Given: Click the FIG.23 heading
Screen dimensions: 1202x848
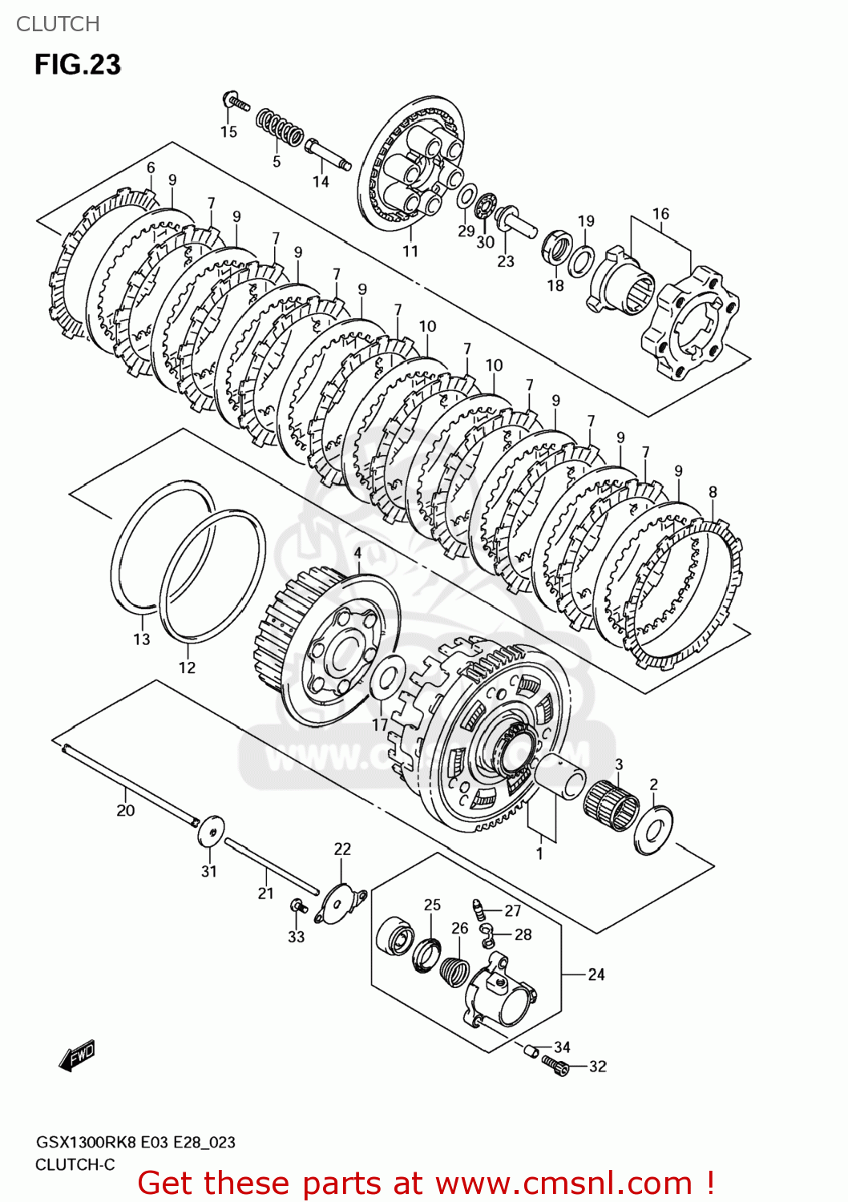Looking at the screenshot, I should click(x=77, y=64).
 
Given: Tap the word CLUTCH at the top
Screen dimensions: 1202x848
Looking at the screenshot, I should click(x=58, y=24).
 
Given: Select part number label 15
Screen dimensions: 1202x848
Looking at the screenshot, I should click(x=228, y=131).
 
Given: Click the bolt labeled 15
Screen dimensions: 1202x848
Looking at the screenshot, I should click(x=236, y=102).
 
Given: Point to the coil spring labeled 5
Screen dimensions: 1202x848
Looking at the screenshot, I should click(x=280, y=128).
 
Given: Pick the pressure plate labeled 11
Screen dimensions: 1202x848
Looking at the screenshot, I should click(x=410, y=164).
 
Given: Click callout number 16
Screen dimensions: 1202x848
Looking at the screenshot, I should click(x=660, y=214).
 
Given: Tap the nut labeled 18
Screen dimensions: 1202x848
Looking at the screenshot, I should click(x=557, y=244).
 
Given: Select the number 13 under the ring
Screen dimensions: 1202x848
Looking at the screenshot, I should click(x=142, y=639).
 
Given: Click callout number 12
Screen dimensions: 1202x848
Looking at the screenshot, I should click(x=187, y=668).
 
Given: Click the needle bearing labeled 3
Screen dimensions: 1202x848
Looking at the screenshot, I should click(x=611, y=802).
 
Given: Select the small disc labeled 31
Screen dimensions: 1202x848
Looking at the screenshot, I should click(x=211, y=830).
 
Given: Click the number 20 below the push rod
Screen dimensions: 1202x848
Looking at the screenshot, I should click(x=126, y=810).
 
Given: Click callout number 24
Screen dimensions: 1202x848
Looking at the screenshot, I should click(x=596, y=974).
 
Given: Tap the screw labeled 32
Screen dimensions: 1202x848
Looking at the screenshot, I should click(x=555, y=1064).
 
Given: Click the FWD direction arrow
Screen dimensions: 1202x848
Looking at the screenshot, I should click(x=77, y=1057).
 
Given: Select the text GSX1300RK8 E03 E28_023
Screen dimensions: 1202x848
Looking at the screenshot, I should click(x=135, y=1142).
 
